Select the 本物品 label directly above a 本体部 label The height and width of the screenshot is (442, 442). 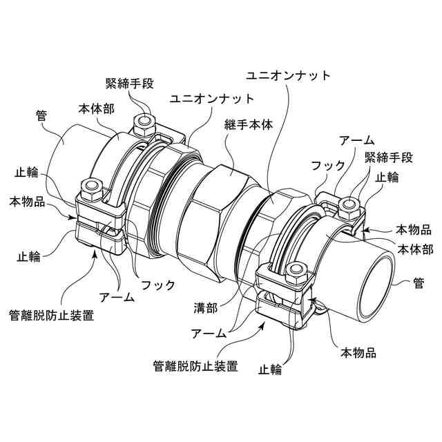(414, 229)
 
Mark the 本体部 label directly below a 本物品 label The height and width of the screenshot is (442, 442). (414, 248)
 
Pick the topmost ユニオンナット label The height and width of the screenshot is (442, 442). (289, 75)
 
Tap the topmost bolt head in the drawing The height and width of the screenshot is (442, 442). (145, 125)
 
